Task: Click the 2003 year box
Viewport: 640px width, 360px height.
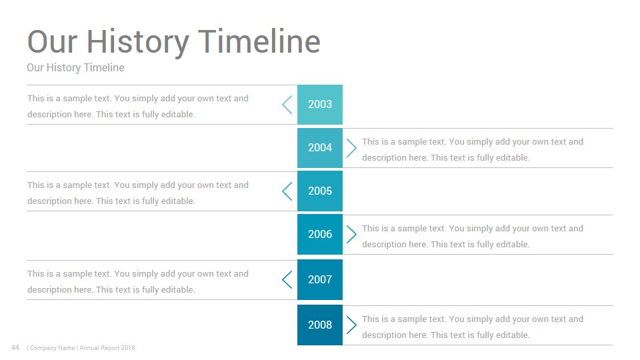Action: tap(319, 105)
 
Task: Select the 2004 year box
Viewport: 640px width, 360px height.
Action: tap(319, 148)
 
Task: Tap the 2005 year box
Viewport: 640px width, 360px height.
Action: tap(319, 191)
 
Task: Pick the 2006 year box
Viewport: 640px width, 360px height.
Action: tap(319, 234)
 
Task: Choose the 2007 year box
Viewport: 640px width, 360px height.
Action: tap(319, 279)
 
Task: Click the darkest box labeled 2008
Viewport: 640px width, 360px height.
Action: tap(319, 325)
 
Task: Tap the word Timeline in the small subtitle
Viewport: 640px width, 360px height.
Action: tap(104, 67)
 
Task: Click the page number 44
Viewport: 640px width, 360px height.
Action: tap(15, 347)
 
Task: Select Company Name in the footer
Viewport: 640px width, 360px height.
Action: tap(52, 348)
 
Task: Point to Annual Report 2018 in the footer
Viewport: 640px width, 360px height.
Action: tap(107, 348)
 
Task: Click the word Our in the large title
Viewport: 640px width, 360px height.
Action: tap(52, 41)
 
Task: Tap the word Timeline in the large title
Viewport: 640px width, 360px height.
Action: tap(259, 41)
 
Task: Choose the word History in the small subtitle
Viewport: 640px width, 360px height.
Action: tap(63, 68)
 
